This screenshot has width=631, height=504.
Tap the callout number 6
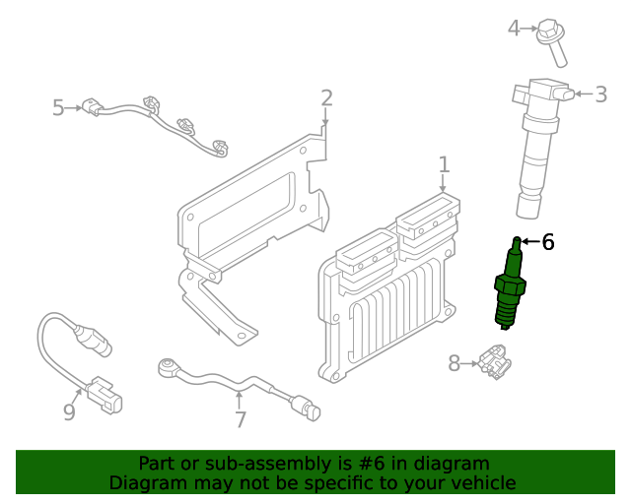548,242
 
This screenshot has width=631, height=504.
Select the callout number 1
444,164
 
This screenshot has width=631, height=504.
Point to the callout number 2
326,98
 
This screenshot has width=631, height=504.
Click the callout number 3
600,94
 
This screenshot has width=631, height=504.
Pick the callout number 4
514,29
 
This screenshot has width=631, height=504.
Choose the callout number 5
58,107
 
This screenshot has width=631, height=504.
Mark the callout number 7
240,420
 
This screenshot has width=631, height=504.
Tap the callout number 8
454,364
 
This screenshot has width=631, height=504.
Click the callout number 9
69,412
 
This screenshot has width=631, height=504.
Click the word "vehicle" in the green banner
482,483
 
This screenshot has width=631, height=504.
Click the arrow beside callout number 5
75,107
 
